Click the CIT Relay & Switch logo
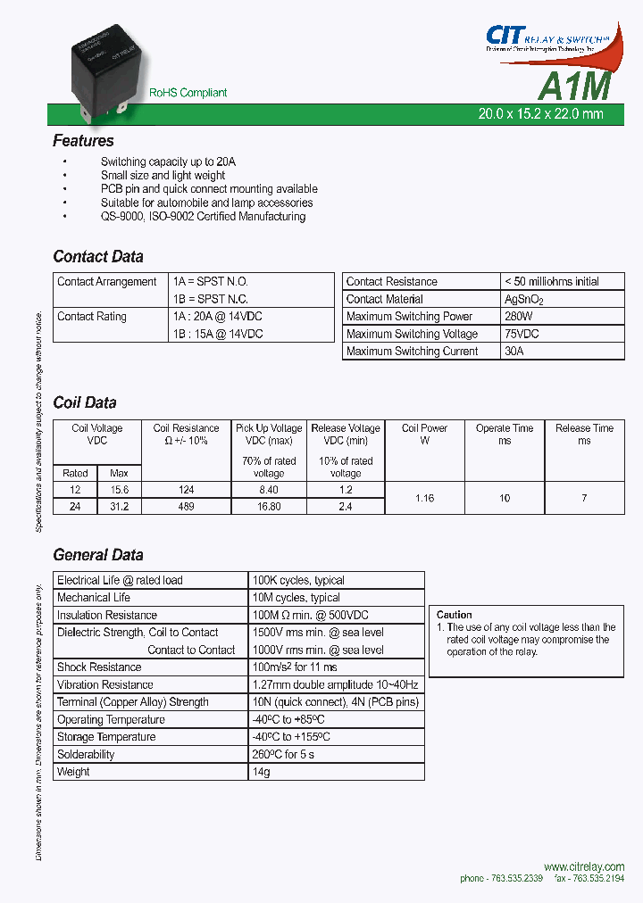(553, 39)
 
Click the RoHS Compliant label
(188, 93)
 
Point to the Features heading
(83, 141)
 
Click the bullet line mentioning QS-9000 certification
(203, 217)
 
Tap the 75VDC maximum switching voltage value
(522, 334)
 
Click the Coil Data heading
(85, 402)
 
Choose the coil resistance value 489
(186, 506)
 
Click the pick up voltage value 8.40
(269, 489)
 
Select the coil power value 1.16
(425, 498)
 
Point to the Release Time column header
(584, 435)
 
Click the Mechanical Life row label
(94, 598)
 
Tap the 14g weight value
(262, 772)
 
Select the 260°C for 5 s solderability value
(283, 755)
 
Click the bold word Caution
(454, 615)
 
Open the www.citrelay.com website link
(583, 866)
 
